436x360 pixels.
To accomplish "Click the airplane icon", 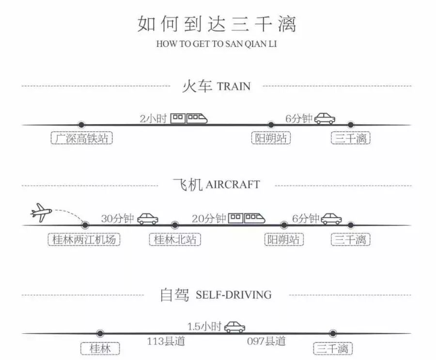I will click(41, 212).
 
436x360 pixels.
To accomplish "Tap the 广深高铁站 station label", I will click(82, 139).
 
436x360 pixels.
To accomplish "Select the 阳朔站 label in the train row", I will click(271, 139).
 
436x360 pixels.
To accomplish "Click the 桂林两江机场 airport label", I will click(85, 239).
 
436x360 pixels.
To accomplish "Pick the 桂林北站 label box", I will click(175, 239).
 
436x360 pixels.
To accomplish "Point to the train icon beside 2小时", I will click(189, 118).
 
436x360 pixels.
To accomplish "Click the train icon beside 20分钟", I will click(247, 219).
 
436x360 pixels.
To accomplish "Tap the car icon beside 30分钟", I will click(148, 219).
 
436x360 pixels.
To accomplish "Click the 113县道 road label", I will click(166, 341).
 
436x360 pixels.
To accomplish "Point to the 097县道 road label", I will click(266, 341).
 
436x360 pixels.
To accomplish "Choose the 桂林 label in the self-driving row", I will click(100, 349).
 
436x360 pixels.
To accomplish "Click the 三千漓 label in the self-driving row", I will click(333, 349).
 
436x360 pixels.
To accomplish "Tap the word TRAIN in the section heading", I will click(234, 87).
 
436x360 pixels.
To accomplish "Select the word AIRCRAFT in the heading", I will click(233, 185).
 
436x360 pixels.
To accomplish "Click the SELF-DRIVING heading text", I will click(234, 295).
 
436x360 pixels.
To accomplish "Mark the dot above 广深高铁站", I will click(81, 125).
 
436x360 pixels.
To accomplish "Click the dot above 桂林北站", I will click(175, 225).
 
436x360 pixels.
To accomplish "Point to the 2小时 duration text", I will click(153, 118).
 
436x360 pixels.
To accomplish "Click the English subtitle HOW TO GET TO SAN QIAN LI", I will click(217, 44).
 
